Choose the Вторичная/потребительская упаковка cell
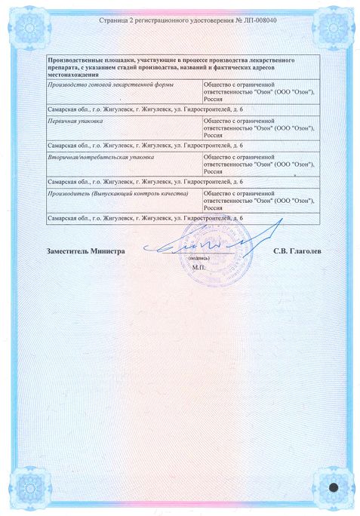tap(100, 156)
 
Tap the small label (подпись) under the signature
tap(198, 259)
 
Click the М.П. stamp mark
tap(198, 267)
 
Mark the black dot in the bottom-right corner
tap(332, 487)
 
